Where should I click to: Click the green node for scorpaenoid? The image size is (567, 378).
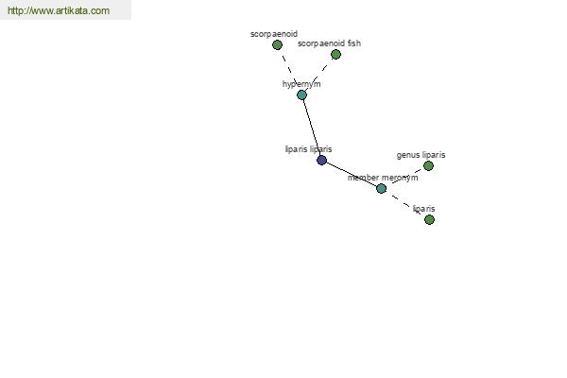pos(277,44)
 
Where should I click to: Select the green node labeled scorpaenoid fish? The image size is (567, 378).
pos(335,54)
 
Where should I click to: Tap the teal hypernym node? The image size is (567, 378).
pos(302,95)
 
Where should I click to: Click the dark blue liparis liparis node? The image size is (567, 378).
pos(322,160)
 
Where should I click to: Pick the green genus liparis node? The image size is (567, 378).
pos(428,165)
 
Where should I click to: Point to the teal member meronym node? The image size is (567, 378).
pos(381,188)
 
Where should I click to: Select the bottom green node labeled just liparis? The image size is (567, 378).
pos(430,219)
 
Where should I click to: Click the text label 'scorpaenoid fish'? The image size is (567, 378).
pos(329,43)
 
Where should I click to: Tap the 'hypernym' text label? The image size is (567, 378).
pos(301,84)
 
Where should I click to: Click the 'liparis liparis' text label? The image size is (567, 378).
pos(308,149)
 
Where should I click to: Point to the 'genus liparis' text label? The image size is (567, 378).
pos(421,155)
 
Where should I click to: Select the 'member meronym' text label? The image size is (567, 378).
pos(383,178)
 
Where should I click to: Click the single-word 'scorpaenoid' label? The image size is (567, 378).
pos(274,34)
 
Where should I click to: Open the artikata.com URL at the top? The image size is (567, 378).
pos(59,10)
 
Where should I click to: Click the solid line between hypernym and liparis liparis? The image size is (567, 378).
pos(312,128)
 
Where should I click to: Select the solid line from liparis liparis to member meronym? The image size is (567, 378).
pos(352,174)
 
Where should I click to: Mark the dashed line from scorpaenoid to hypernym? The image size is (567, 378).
pos(290,70)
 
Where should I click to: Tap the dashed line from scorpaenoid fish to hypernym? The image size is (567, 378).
pos(319,75)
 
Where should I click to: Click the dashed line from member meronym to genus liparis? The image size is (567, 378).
pos(405,177)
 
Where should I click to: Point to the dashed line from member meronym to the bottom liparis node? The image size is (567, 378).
pos(405,204)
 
